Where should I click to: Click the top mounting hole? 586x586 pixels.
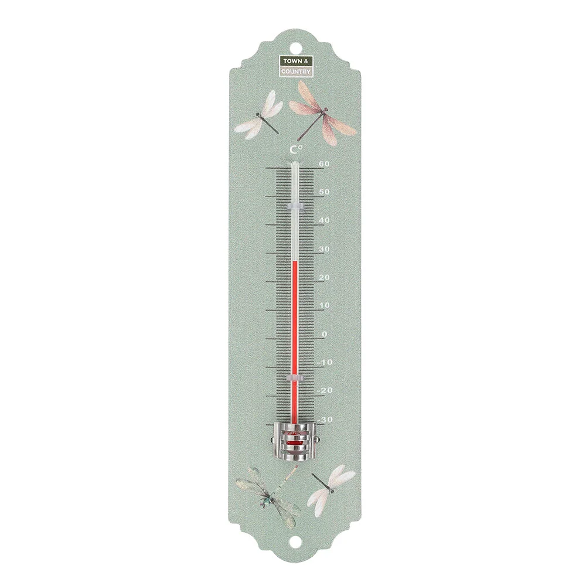pos(294,44)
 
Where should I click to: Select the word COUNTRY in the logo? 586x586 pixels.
pos(296,71)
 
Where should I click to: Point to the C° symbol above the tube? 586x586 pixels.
pos(295,151)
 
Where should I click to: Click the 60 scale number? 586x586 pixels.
pos(325,163)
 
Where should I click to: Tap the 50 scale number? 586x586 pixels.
pos(325,192)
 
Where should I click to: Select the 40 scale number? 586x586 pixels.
pos(325,220)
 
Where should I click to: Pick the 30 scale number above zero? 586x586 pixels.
pos(325,249)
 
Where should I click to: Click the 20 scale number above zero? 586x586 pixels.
pos(325,277)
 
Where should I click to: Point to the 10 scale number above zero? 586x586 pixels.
pos(325,305)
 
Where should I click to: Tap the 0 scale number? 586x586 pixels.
pos(325,334)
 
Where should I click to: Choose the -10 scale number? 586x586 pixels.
pos(325,362)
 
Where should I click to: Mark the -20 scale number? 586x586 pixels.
pos(325,391)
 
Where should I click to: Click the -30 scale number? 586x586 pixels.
pos(325,420)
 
